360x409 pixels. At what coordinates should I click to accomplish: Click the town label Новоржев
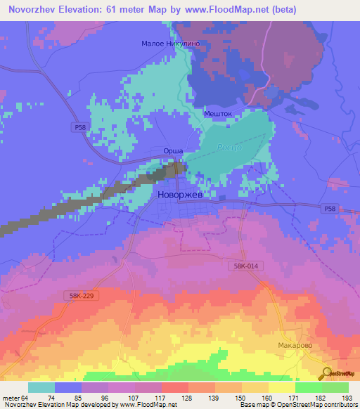click(x=183, y=194)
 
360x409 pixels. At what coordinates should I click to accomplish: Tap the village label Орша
click(x=173, y=151)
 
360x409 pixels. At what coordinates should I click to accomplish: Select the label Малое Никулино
click(x=176, y=43)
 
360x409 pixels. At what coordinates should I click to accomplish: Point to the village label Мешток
click(x=217, y=112)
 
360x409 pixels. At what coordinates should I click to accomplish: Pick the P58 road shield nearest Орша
click(x=79, y=127)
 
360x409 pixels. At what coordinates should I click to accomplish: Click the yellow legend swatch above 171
click(x=282, y=387)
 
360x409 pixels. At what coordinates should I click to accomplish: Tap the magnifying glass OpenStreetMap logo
click(x=327, y=373)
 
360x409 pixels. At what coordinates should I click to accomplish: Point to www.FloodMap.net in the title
click(x=219, y=9)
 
